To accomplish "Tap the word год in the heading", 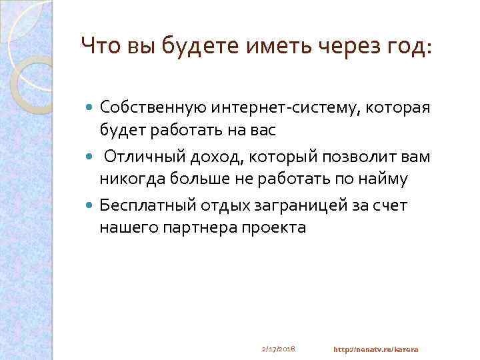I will click(x=409, y=46).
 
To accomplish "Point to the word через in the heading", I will click(x=342, y=46).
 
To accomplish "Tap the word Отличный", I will click(x=138, y=157).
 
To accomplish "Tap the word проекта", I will click(x=275, y=227).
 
